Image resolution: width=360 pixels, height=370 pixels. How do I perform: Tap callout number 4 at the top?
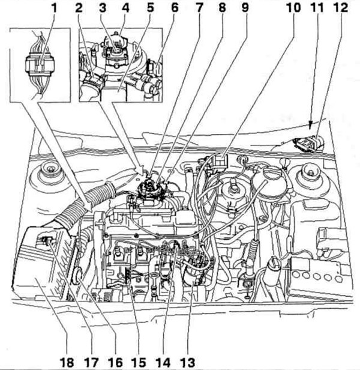[126, 9]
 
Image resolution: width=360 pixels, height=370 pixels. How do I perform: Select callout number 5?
[151, 9]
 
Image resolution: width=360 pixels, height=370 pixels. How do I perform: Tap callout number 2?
[79, 9]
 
